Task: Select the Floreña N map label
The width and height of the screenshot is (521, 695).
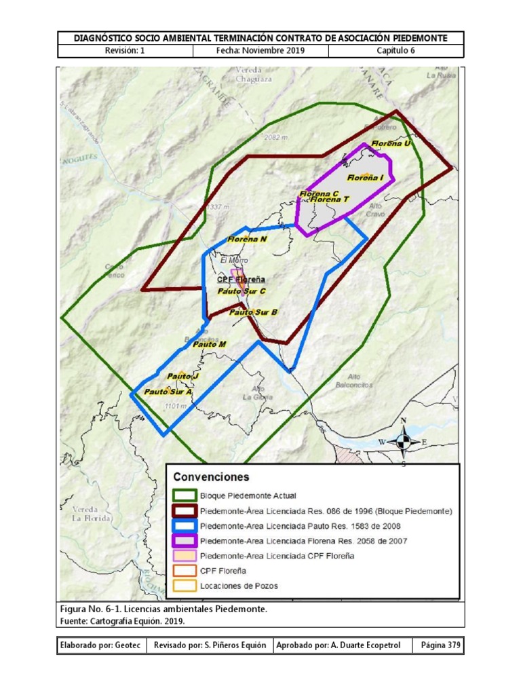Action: click(247, 240)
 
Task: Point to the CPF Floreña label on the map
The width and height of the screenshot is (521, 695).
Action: click(241, 279)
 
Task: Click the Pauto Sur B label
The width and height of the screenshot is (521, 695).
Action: click(253, 313)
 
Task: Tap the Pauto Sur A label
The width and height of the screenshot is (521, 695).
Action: click(168, 392)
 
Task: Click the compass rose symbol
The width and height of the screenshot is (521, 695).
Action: click(403, 442)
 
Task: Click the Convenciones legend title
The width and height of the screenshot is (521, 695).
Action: click(211, 476)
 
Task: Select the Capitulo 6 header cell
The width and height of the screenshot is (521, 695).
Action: click(395, 51)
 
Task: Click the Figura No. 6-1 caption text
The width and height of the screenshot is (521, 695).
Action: click(163, 609)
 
